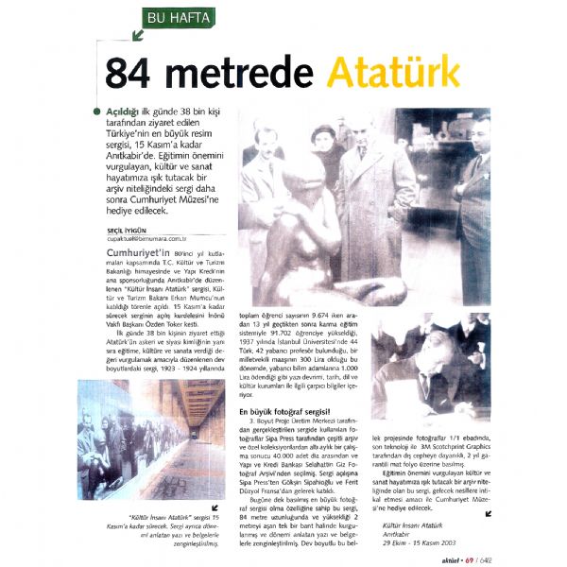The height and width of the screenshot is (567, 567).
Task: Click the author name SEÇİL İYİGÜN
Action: tap(133, 230)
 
